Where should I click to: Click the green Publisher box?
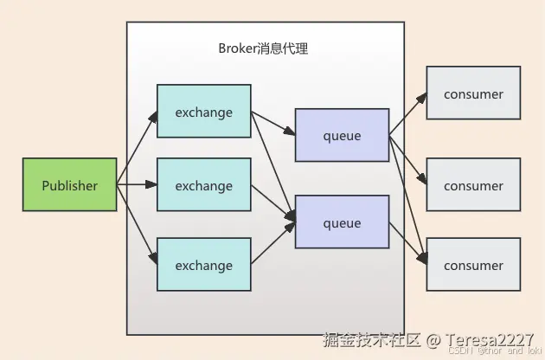(70, 185)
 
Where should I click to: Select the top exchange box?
(203, 112)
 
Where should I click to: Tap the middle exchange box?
(203, 185)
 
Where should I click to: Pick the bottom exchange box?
(203, 266)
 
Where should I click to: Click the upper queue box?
(342, 136)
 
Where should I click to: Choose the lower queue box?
(342, 222)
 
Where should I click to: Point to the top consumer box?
(473, 93)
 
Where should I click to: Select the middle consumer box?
(473, 185)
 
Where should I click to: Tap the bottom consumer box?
(473, 266)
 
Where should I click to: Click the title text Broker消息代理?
(263, 48)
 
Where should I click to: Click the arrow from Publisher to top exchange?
(138, 148)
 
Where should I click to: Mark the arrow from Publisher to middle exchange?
(138, 185)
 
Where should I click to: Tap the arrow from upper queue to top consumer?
(407, 113)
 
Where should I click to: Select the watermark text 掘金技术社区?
(370, 338)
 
